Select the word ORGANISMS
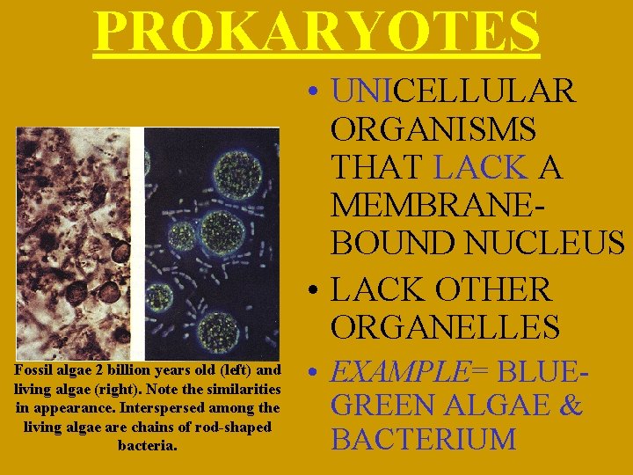433,128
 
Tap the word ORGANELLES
445,326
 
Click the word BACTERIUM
424,438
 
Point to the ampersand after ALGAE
571,406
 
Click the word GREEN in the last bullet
382,406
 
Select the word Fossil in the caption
33,370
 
